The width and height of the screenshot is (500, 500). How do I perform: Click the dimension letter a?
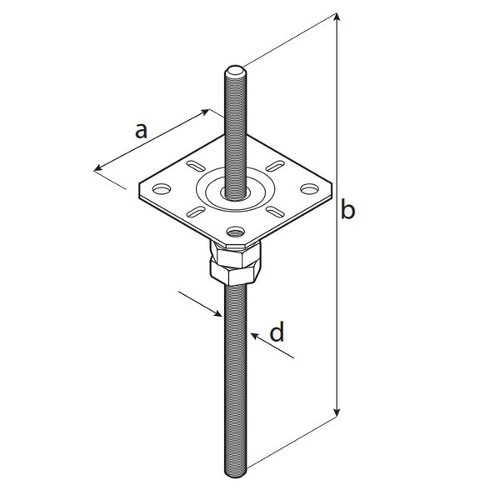tap(142, 131)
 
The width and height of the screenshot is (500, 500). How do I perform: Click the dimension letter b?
tap(347, 209)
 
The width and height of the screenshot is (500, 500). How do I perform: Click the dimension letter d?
tap(277, 332)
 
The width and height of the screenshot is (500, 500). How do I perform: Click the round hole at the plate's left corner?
tap(162, 189)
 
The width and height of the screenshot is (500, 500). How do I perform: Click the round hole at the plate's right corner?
tap(309, 189)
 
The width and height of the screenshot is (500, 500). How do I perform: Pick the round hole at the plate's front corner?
tap(235, 231)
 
